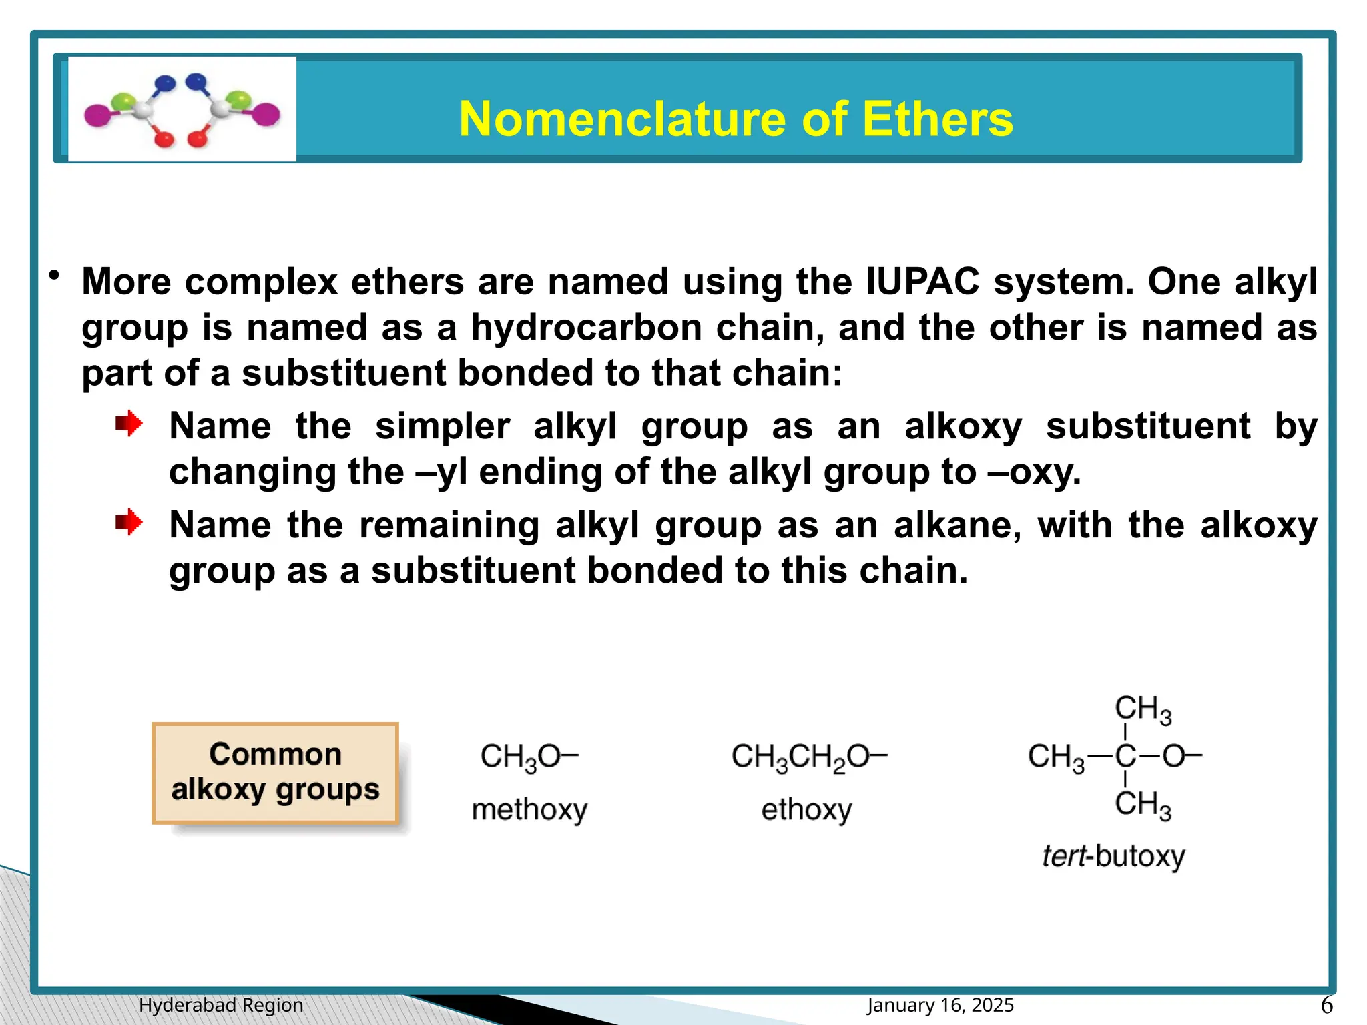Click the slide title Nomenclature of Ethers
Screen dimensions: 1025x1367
tap(736, 119)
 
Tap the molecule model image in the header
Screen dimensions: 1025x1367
tap(182, 109)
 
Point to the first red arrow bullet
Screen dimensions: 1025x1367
tap(129, 424)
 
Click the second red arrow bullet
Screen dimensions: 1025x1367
tap(129, 522)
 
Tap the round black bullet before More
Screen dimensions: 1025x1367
tap(55, 276)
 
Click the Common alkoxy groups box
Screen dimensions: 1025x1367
tap(275, 773)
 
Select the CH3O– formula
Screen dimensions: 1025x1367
tap(529, 757)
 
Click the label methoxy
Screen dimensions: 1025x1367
tap(529, 810)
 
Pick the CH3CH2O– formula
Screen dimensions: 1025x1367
tap(808, 757)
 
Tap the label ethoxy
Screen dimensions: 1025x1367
tap(806, 810)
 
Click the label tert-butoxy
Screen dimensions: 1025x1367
tap(1113, 856)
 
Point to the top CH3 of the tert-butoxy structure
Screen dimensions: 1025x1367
tap(1142, 709)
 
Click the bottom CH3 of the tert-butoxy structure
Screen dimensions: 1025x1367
tap(1142, 805)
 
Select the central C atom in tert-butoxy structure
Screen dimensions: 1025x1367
tap(1125, 757)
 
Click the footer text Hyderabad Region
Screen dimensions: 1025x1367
tap(221, 1005)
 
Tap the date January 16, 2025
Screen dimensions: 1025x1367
tap(940, 1005)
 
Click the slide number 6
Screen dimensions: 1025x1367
tap(1326, 1005)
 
